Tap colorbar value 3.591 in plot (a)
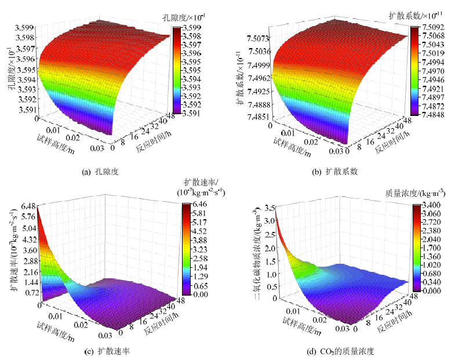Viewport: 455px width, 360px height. coord(191,114)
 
